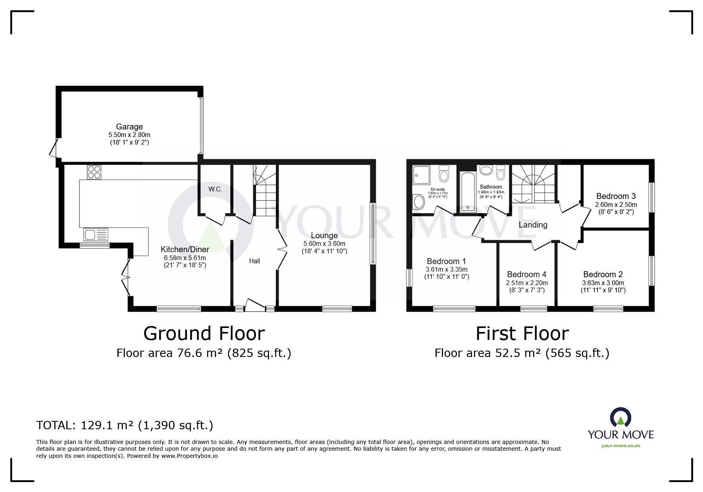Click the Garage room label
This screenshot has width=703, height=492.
(x=129, y=127)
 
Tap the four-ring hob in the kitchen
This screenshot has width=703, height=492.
(x=94, y=172)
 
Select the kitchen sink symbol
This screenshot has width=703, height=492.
(x=96, y=235)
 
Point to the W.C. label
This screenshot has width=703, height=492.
(x=215, y=189)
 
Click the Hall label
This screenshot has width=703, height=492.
(x=254, y=261)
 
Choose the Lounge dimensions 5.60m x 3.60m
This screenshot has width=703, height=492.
(x=324, y=243)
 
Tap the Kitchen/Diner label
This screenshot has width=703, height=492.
(x=185, y=249)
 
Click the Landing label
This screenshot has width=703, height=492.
(x=533, y=225)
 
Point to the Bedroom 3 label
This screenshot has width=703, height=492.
(x=616, y=196)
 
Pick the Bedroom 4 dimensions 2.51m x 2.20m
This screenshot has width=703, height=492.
(x=526, y=283)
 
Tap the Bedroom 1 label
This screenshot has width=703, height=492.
(x=446, y=261)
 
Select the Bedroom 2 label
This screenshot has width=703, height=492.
(x=603, y=274)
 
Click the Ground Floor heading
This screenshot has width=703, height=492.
(x=204, y=334)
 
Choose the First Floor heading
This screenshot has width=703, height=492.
(x=522, y=334)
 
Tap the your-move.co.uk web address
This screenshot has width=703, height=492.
(x=620, y=446)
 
